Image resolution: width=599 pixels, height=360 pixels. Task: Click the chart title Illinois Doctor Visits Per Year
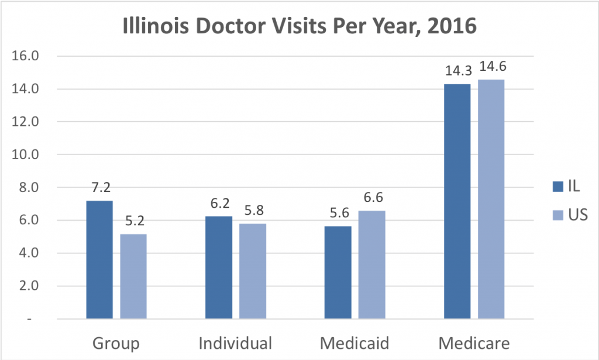[299, 27]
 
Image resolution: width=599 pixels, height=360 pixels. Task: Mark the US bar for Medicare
[491, 199]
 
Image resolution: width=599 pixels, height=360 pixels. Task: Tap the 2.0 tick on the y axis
[28, 286]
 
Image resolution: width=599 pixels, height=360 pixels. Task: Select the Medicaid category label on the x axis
[354, 342]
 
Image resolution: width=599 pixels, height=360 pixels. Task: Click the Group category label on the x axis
[116, 342]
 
